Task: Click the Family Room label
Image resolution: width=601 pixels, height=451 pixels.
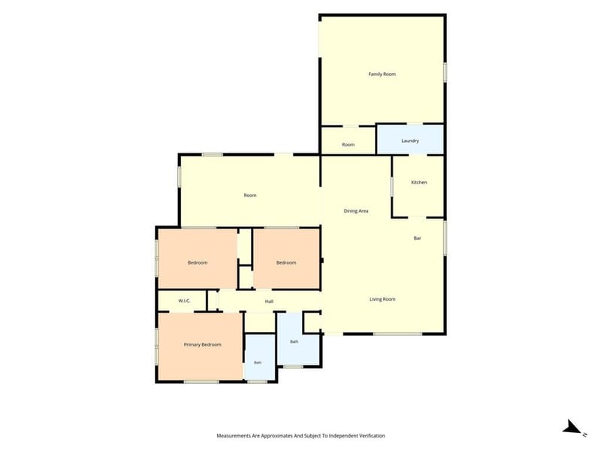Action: [382, 74]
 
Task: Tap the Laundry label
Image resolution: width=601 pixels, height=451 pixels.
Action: [409, 141]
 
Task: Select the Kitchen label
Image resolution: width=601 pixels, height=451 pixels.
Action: [418, 182]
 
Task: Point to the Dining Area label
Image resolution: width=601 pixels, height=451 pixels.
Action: [355, 211]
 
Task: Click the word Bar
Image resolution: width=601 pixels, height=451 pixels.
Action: [418, 238]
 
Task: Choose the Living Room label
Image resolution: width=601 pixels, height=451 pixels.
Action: [382, 299]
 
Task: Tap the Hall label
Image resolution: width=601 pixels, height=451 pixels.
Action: [269, 301]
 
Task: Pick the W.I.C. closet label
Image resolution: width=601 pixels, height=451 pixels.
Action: [184, 301]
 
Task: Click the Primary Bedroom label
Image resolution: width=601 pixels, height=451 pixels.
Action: [202, 344]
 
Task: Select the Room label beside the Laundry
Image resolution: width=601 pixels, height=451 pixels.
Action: [348, 144]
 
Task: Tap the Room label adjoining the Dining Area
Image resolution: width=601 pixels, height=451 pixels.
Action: [250, 195]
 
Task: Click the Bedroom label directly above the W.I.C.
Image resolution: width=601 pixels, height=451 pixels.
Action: [198, 262]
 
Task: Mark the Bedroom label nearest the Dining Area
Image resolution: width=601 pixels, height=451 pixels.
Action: [286, 262]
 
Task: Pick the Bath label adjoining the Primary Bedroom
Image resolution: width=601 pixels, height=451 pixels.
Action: [258, 362]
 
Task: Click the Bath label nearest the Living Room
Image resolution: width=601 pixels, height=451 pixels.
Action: [294, 341]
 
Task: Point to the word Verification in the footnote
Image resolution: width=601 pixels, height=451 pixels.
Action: [370, 436]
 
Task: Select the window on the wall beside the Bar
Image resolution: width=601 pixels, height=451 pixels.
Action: [445, 238]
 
